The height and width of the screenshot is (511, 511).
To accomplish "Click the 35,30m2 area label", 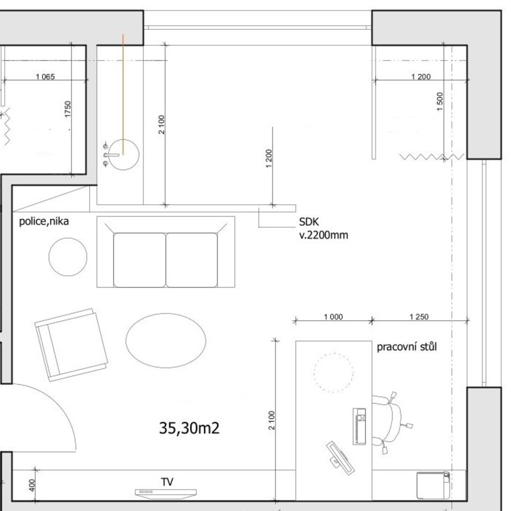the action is click(189, 428).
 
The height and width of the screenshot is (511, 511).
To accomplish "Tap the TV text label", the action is click(167, 482).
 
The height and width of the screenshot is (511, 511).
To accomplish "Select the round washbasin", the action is click(123, 155).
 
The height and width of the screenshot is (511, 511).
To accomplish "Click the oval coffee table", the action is click(166, 341).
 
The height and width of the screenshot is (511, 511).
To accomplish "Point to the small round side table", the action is click(68, 257).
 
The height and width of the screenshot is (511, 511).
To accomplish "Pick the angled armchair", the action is click(71, 345).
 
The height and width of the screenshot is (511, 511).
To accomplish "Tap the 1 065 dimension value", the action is click(45, 77).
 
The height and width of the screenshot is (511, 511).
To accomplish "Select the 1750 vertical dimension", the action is click(67, 109).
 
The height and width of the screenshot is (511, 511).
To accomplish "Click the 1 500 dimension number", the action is click(440, 101).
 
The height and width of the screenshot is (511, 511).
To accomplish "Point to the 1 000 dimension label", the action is click(333, 317).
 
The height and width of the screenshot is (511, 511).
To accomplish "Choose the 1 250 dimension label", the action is click(419, 317).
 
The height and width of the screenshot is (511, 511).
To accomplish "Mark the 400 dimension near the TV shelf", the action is click(31, 485).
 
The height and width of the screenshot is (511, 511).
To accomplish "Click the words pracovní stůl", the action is click(407, 347).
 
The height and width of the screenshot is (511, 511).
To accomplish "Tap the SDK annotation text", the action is click(309, 222).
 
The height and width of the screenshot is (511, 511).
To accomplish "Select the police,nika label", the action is click(44, 221).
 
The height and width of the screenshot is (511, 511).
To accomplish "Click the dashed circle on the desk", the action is click(333, 372).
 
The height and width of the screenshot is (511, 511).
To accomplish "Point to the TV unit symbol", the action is click(166, 494).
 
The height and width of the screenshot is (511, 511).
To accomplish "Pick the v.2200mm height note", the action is click(323, 235).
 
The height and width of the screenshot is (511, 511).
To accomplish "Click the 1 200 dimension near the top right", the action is click(421, 77).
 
